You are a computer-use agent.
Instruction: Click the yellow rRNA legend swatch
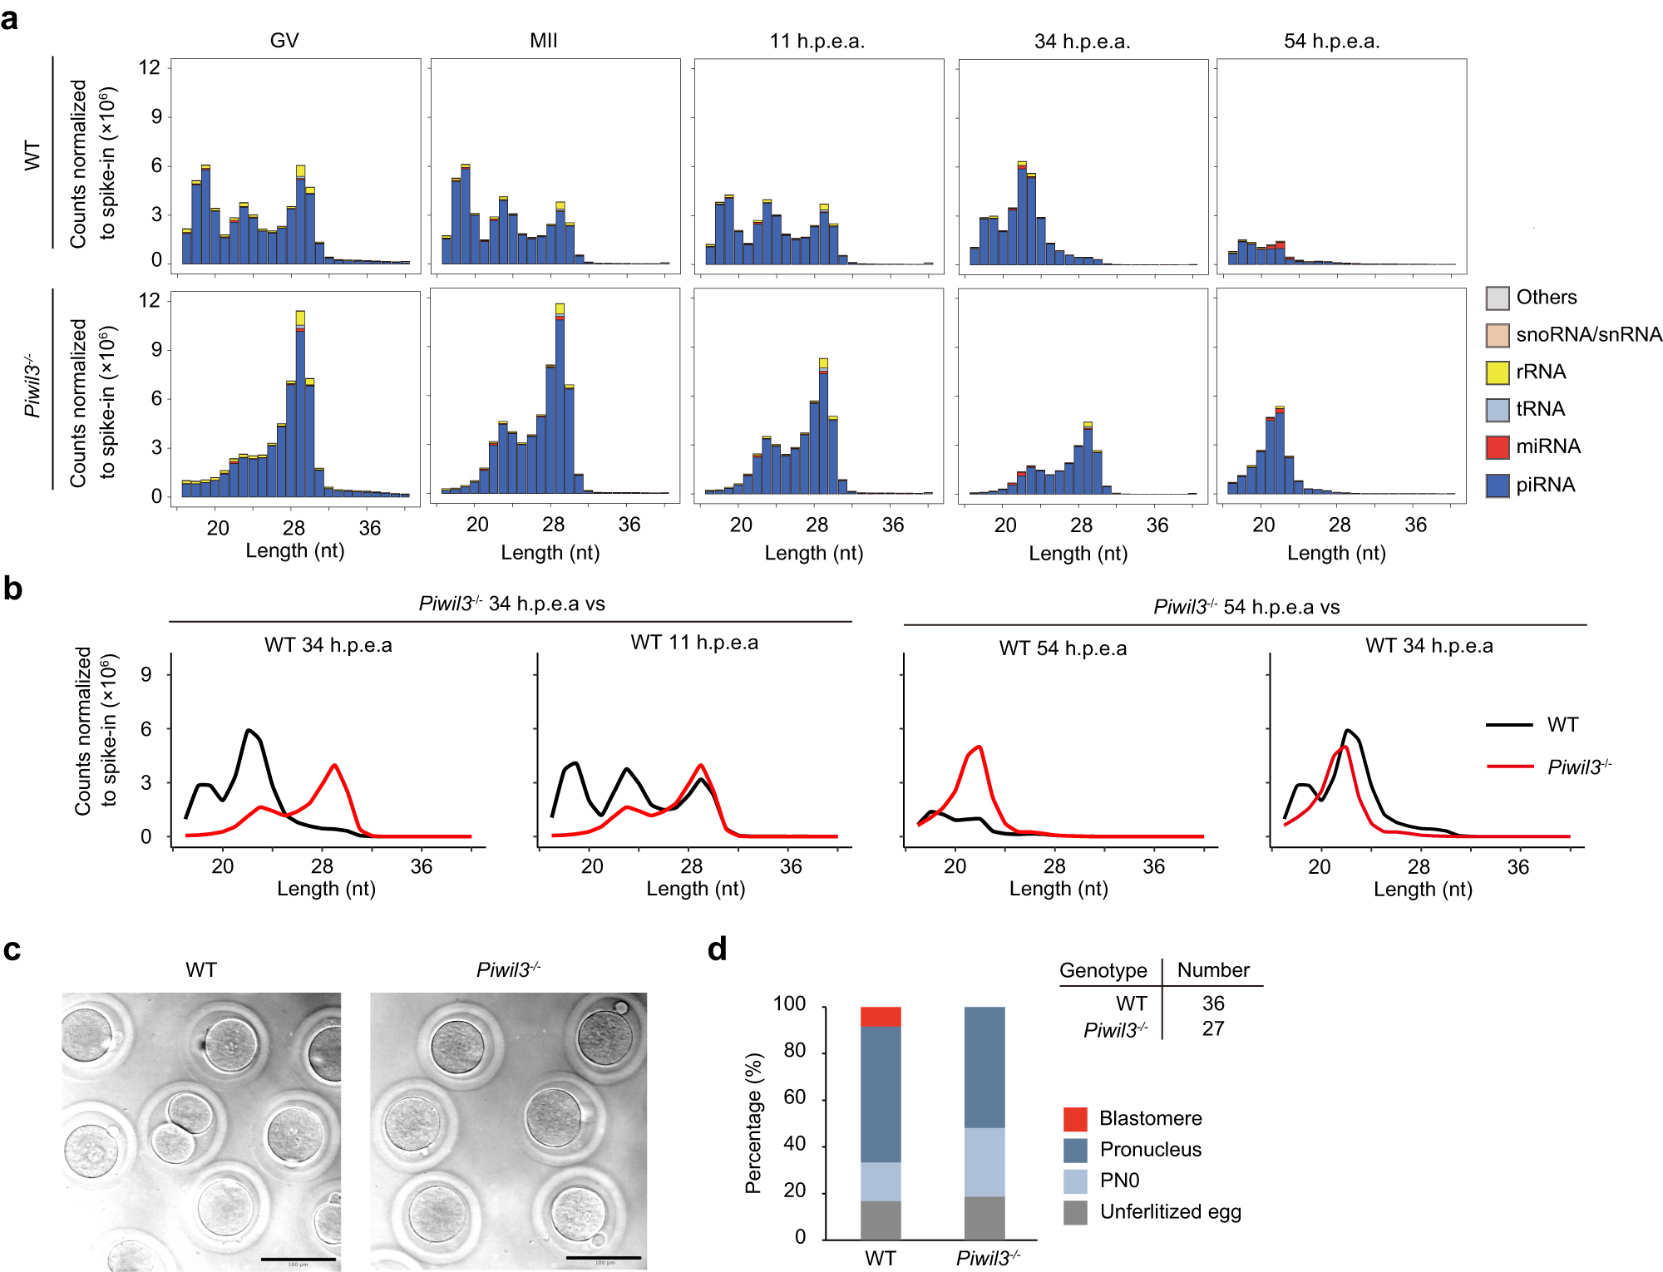click(x=1497, y=372)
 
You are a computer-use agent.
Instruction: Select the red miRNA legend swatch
click(x=1497, y=446)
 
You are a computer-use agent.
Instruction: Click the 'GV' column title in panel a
click(x=284, y=41)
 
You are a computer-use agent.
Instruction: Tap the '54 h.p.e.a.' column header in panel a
click(x=1331, y=42)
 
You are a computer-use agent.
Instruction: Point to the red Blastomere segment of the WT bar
click(x=881, y=1016)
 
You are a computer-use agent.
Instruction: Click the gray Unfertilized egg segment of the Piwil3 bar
click(x=984, y=1217)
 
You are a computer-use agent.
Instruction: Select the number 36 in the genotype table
click(x=1212, y=1003)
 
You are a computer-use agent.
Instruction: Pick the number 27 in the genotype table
click(x=1212, y=1028)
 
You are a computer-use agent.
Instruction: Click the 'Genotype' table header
click(x=1103, y=970)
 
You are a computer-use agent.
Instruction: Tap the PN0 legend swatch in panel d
click(x=1074, y=1181)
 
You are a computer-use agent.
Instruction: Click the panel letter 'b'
click(x=12, y=588)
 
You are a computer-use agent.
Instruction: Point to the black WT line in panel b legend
click(x=1508, y=725)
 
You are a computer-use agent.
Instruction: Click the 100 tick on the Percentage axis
click(x=789, y=1003)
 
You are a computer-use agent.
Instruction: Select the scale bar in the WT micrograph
click(x=298, y=1259)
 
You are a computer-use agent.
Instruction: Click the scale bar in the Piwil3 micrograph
click(x=603, y=1257)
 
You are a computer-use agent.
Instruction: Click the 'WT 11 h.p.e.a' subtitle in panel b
click(x=693, y=643)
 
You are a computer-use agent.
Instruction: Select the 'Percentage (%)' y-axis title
click(x=753, y=1122)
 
